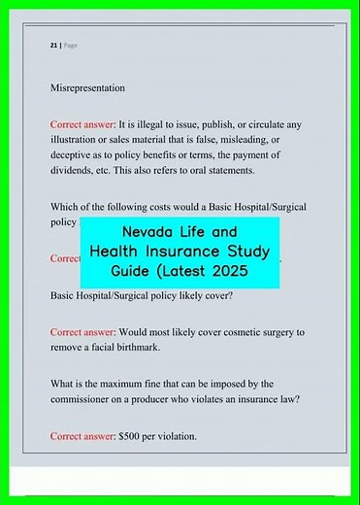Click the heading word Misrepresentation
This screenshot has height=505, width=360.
(x=87, y=88)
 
